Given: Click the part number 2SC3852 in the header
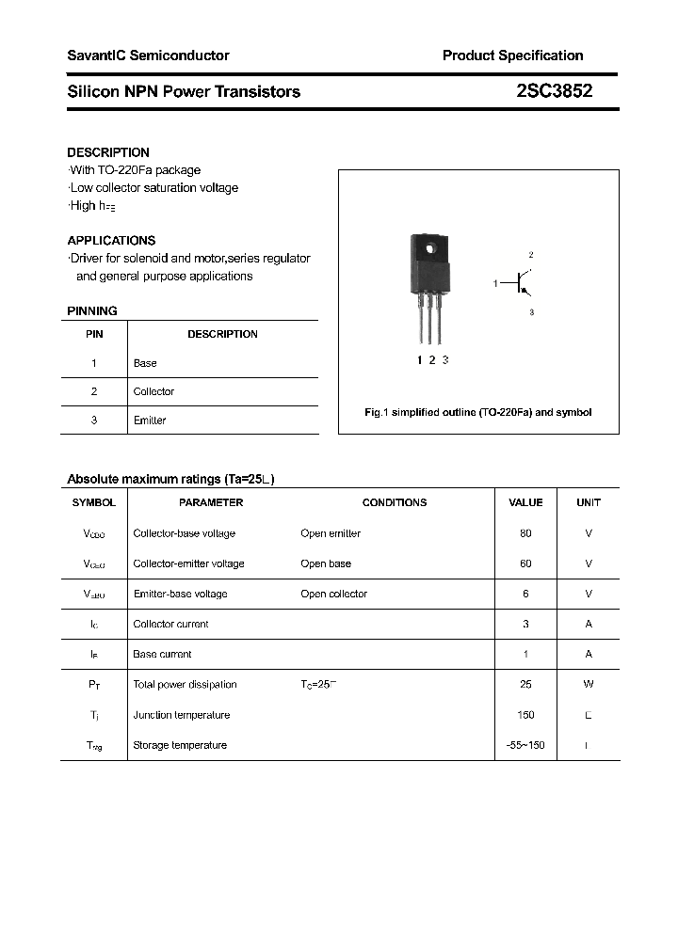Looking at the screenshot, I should (x=554, y=91).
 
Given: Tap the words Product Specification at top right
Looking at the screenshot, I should (x=512, y=56).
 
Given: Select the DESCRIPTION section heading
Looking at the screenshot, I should (x=108, y=152).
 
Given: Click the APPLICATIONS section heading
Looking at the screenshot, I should (x=111, y=241).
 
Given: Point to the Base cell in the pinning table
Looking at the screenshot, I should (x=145, y=363).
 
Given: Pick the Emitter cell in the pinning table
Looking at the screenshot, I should (x=150, y=420).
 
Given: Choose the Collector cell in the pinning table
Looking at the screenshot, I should (x=153, y=391).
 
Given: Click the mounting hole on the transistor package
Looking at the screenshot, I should (x=431, y=248).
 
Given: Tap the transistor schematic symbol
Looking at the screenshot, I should (x=521, y=282).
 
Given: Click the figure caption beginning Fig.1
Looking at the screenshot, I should (x=478, y=412).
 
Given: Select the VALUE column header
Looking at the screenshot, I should (x=525, y=502).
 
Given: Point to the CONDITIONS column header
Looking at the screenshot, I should (x=395, y=502).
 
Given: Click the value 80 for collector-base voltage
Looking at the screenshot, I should (x=525, y=533).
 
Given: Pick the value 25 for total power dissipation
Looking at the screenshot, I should (x=525, y=685).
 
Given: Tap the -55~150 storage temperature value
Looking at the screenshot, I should (x=525, y=745).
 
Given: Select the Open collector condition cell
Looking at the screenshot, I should (x=334, y=594).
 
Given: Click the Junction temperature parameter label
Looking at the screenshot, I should (x=182, y=715).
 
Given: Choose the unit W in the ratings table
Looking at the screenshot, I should (x=589, y=685).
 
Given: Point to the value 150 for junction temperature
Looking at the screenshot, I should (x=525, y=715).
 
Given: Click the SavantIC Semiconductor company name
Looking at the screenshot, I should (x=148, y=56).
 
